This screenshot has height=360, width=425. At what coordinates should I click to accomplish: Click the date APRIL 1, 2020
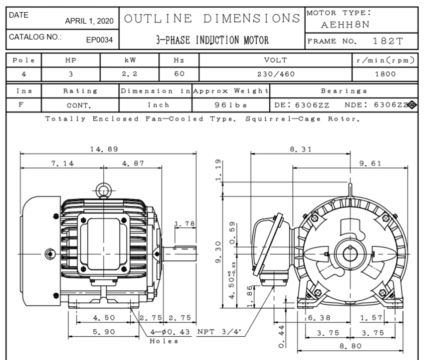pos(89,21)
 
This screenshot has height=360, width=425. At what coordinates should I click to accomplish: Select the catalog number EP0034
pos(99,40)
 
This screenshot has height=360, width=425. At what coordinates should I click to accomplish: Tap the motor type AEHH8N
pos(345,25)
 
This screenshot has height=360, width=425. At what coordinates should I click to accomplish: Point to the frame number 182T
pos(388,41)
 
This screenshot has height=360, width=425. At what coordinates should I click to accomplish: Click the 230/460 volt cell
pos(276,74)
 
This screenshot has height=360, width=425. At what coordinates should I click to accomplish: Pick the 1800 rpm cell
pos(385,74)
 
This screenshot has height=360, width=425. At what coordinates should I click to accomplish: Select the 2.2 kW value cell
pos(129,74)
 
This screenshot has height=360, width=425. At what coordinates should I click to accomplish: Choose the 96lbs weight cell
pos(231,105)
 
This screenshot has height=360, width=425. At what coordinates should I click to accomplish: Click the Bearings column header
pos(344,91)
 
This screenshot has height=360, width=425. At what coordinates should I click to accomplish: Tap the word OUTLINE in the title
pos(158,19)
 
